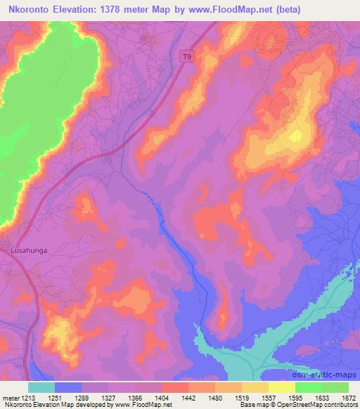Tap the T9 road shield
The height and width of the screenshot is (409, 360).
pos(186,57)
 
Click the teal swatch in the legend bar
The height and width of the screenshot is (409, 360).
pos(41,387)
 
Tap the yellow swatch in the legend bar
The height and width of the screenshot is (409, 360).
pos(282,387)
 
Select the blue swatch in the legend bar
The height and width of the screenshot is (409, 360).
pos(68,387)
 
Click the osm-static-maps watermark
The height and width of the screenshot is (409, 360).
pos(323,373)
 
